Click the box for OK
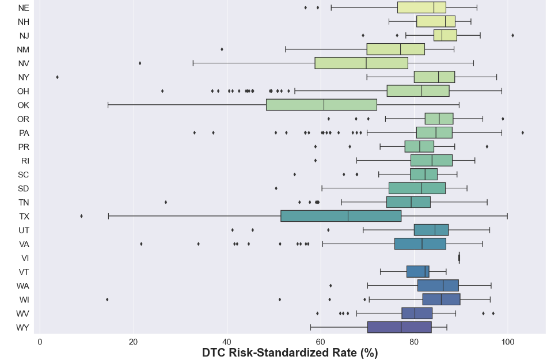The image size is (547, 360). pyautogui.click(x=321, y=105)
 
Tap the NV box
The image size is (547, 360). pyautogui.click(x=362, y=63)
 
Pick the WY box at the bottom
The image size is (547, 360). pyautogui.click(x=399, y=327)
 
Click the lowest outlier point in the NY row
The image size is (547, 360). pyautogui.click(x=57, y=77)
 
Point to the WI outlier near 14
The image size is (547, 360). pyautogui.click(x=107, y=300)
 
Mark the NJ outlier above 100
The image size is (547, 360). pyautogui.click(x=512, y=36)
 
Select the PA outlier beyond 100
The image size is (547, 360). pyautogui.click(x=522, y=133)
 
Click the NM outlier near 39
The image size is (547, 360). pyautogui.click(x=222, y=50)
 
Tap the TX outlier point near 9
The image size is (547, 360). pyautogui.click(x=81, y=216)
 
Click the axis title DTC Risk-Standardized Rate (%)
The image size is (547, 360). pyautogui.click(x=290, y=353)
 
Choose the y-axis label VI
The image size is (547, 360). pyautogui.click(x=25, y=257)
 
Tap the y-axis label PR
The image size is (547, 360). pyautogui.click(x=24, y=147)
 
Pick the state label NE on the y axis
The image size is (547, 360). pyautogui.click(x=24, y=8)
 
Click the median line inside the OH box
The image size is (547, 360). pyautogui.click(x=422, y=91)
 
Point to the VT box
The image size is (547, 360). pyautogui.click(x=417, y=271)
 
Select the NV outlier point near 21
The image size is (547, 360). pyautogui.click(x=140, y=63)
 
